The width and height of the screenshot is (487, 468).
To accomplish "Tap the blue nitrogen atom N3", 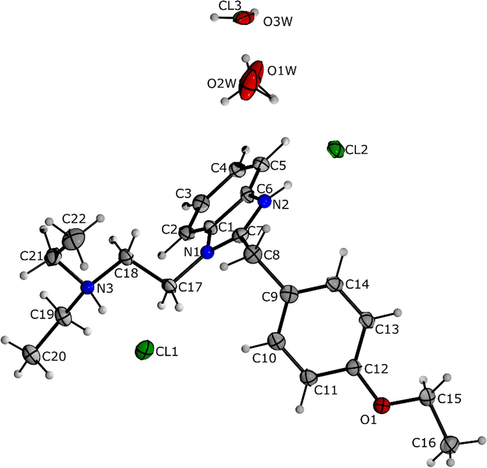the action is [x=88, y=287].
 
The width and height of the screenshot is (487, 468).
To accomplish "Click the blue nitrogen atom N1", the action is [x=207, y=253].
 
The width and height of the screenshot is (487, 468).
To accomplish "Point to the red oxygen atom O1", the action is [x=382, y=404].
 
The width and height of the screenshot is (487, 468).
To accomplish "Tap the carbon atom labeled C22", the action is [x=75, y=238].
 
